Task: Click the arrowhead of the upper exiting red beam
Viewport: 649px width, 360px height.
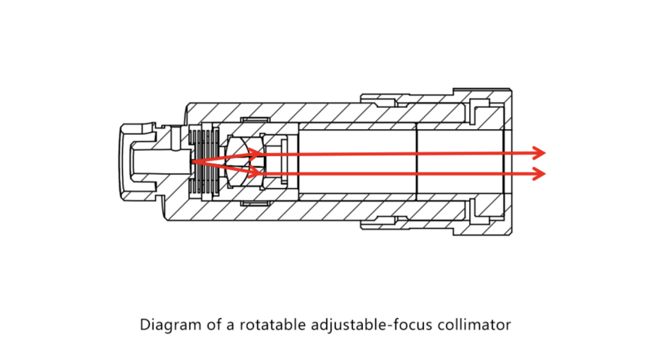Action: pos(539,153)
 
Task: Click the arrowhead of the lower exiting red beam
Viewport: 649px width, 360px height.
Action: pos(539,173)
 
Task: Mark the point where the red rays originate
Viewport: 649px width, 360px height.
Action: pos(192,161)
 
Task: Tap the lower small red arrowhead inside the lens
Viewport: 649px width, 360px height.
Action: pos(256,171)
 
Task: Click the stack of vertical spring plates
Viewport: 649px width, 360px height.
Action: pos(204,161)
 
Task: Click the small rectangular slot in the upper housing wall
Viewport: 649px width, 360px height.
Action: pos(256,120)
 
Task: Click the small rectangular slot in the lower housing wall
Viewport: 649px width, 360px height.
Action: pos(256,203)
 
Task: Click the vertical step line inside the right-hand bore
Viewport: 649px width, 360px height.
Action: pos(417,161)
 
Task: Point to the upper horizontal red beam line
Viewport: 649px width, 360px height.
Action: pos(397,153)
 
